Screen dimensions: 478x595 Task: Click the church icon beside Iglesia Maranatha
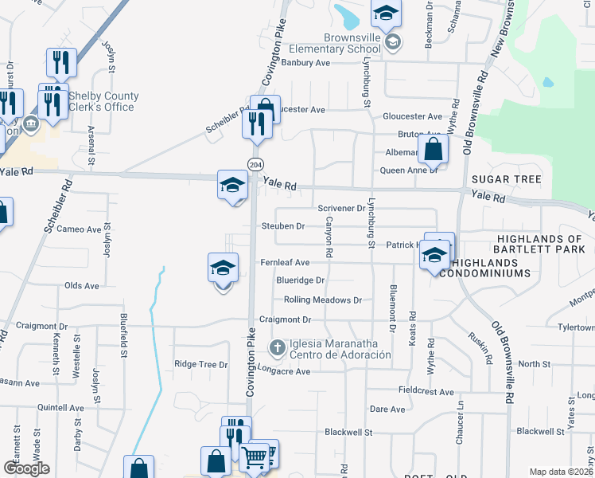[277, 347]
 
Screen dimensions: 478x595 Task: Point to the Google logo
[26, 468]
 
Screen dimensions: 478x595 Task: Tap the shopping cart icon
[254, 457]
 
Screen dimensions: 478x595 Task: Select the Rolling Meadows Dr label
[323, 300]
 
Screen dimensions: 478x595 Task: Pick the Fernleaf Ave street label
[284, 262]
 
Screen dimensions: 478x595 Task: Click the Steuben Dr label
[283, 226]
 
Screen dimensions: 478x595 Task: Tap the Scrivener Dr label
[340, 209]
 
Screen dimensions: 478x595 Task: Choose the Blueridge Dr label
[300, 280]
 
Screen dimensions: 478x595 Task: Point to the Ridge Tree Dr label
[200, 364]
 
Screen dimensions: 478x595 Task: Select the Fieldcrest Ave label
[426, 392]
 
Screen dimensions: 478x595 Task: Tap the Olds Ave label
[81, 285]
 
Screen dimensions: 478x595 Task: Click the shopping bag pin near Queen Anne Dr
[433, 149]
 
